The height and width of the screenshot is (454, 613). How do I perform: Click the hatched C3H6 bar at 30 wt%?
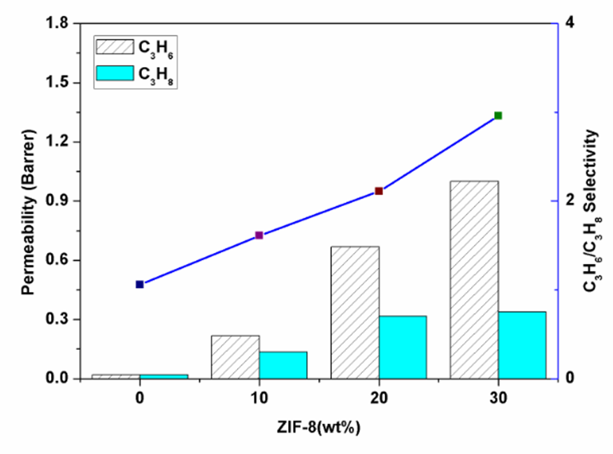(474, 279)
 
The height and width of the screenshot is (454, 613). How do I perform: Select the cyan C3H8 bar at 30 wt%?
(521, 345)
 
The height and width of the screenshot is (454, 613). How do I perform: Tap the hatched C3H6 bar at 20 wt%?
(355, 312)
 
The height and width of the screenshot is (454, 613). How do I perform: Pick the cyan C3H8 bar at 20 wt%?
(403, 347)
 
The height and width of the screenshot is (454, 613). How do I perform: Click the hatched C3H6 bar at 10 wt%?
(235, 357)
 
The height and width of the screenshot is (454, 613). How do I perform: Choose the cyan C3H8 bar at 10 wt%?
(283, 365)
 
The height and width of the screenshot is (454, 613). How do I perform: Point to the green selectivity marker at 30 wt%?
(498, 115)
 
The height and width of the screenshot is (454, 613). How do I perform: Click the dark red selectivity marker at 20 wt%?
(379, 191)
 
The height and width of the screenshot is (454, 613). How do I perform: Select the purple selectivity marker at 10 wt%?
(259, 235)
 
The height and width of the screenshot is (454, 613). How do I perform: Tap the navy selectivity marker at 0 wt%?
(140, 284)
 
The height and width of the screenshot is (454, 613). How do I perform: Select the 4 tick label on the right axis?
(570, 22)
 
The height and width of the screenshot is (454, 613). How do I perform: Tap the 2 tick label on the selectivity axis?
(570, 200)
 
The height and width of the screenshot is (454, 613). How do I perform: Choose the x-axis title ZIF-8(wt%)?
(319, 427)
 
